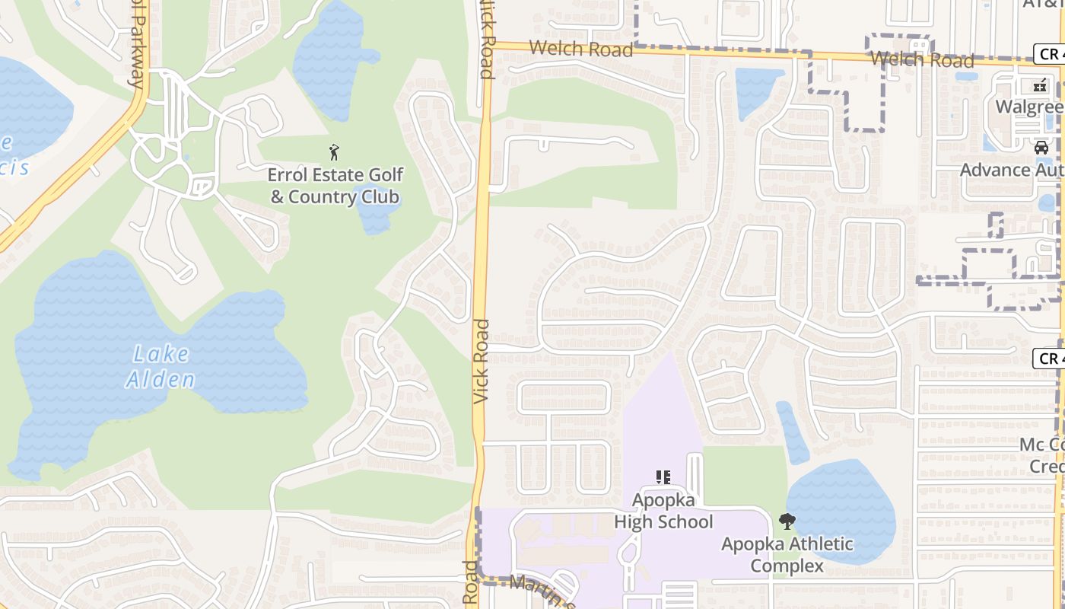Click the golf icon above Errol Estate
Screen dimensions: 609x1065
click(333, 151)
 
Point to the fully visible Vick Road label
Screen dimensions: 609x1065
click(482, 361)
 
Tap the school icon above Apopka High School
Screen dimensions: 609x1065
click(663, 477)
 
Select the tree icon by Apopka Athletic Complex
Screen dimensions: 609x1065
click(787, 521)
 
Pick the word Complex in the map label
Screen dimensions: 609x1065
click(787, 566)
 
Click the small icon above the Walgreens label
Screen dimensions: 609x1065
click(1040, 86)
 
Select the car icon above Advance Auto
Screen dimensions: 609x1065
click(1041, 148)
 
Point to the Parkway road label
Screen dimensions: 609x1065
click(137, 46)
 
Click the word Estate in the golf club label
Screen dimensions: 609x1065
click(345, 175)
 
